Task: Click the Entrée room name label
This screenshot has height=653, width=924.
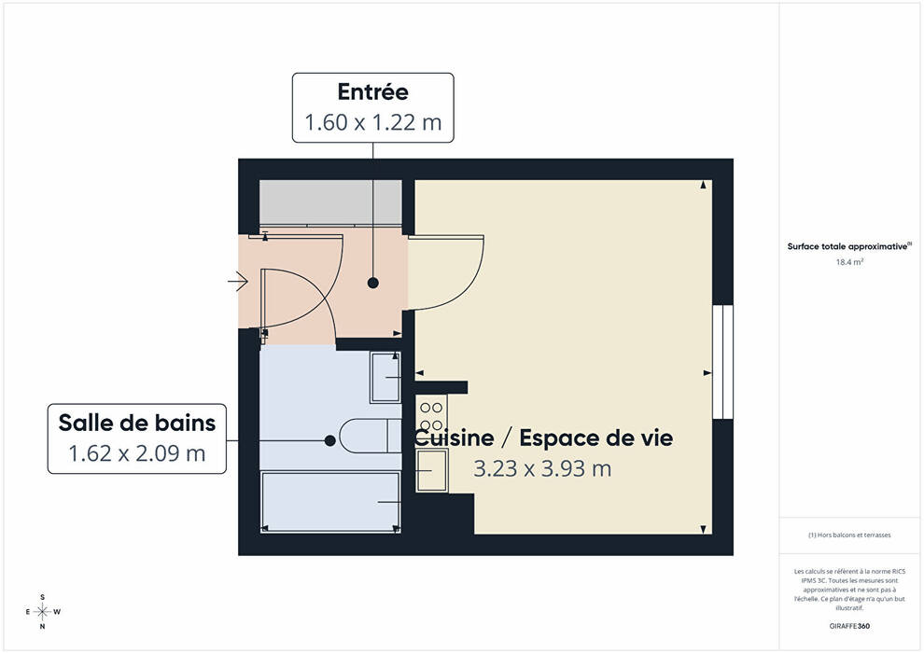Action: [x=373, y=91]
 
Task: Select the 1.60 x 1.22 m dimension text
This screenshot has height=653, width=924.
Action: [x=373, y=122]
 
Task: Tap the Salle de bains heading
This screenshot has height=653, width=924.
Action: [x=137, y=423]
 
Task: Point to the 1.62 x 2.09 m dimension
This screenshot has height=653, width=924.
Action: [x=137, y=453]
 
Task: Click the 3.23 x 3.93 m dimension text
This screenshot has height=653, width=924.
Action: [x=542, y=468]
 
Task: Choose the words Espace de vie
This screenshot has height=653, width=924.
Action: [x=595, y=438]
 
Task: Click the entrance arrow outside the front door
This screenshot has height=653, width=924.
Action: [x=238, y=282]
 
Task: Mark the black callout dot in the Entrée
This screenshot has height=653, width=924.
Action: [x=373, y=283]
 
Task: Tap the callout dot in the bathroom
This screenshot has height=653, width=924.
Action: [x=330, y=440]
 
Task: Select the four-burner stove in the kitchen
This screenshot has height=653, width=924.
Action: [x=431, y=416]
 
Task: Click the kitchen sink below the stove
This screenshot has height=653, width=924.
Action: [x=432, y=470]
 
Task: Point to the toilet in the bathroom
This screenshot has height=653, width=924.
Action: [x=371, y=436]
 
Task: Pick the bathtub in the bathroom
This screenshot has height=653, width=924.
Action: [x=330, y=502]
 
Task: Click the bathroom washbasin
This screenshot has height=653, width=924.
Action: [x=385, y=378]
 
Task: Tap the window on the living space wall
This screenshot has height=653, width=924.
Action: [x=722, y=362]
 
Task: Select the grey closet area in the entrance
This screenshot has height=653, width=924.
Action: [x=331, y=202]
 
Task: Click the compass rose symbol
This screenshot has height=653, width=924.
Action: [x=42, y=612]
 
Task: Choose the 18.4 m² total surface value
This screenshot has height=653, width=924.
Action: [x=849, y=262]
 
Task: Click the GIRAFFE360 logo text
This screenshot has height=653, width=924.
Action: [x=849, y=626]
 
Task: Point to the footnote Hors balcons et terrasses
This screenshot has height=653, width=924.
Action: [x=849, y=535]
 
